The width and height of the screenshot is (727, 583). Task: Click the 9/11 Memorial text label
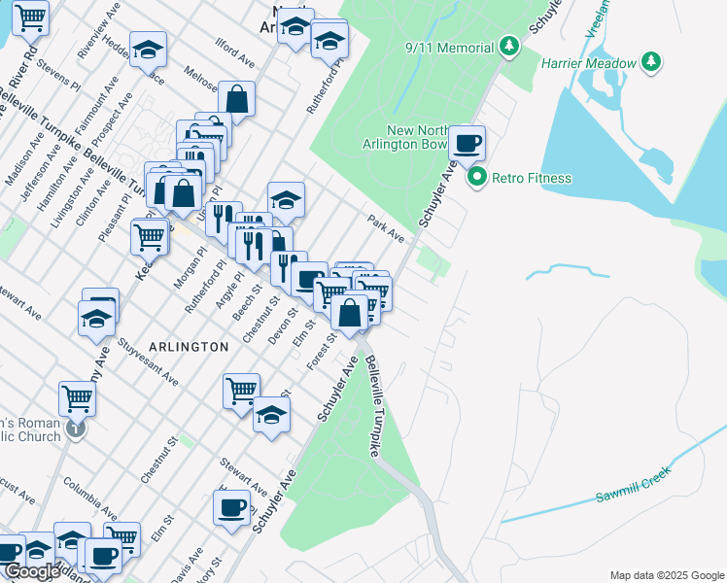point(448,47)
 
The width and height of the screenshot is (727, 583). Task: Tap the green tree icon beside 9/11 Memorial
point(507,46)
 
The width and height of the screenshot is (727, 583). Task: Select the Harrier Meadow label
point(592,63)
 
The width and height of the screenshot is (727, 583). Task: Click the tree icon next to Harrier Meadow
point(651,63)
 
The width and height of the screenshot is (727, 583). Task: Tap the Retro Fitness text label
point(532,178)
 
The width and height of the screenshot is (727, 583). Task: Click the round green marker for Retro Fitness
point(477,178)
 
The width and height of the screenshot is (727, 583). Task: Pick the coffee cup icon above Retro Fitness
point(467,143)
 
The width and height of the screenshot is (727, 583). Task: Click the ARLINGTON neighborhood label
point(190,346)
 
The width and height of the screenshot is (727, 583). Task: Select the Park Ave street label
point(386,229)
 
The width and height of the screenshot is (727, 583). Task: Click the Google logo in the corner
point(32,571)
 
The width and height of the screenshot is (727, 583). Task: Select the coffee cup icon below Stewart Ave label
point(232,508)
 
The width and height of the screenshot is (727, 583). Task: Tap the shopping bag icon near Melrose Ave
point(236,98)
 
